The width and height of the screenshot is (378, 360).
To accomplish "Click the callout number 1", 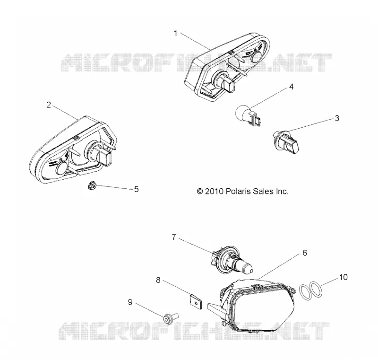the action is (x=175, y=33).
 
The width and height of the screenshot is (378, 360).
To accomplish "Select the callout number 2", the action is (x=49, y=105).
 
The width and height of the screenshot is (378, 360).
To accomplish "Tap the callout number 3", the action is (x=337, y=118).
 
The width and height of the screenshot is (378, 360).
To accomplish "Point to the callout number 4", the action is (x=291, y=87).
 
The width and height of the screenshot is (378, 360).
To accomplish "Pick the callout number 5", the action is (x=137, y=189).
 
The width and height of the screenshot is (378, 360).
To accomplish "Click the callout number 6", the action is (x=305, y=253).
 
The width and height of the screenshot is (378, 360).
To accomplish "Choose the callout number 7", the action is (x=174, y=237).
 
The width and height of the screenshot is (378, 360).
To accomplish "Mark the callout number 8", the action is (x=158, y=280).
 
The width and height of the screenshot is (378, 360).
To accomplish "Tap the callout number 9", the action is (x=130, y=302).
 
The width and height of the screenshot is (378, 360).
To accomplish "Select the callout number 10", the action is (x=344, y=277).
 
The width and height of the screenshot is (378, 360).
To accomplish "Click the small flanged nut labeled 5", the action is (x=92, y=185).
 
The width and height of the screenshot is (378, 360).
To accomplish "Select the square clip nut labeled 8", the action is (x=195, y=301).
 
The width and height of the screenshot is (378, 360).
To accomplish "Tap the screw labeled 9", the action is (x=171, y=318).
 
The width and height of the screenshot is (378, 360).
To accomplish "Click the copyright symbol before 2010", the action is (x=200, y=191).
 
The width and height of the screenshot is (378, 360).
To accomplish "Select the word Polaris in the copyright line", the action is (x=238, y=191).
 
